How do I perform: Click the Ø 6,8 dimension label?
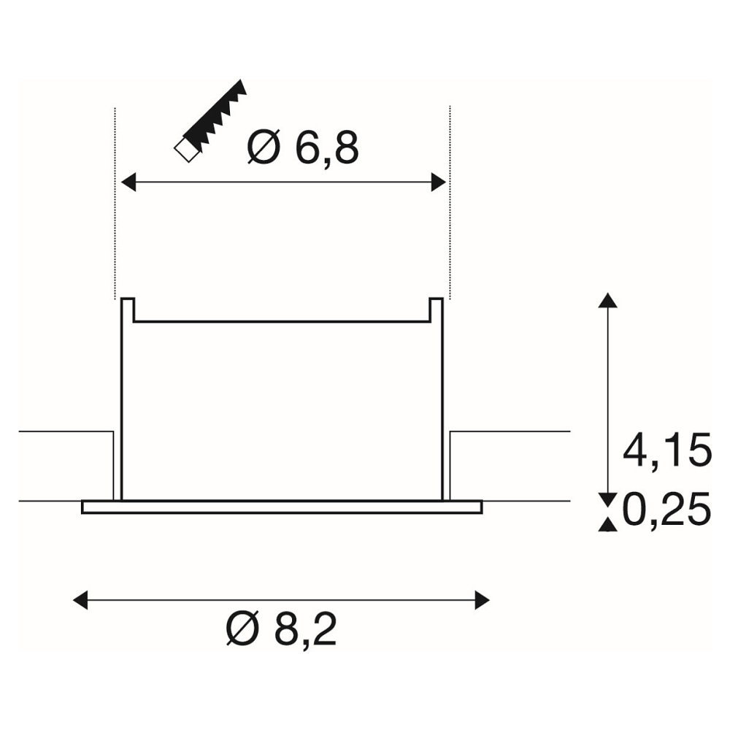304,148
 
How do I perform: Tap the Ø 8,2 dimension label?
281,629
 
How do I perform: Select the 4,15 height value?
667,450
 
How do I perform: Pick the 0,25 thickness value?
666,509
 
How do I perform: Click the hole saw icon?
210,121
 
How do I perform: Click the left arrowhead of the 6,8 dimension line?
128,182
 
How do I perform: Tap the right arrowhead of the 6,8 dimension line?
439,182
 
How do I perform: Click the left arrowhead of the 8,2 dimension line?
80,599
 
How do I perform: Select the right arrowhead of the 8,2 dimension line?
482,599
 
